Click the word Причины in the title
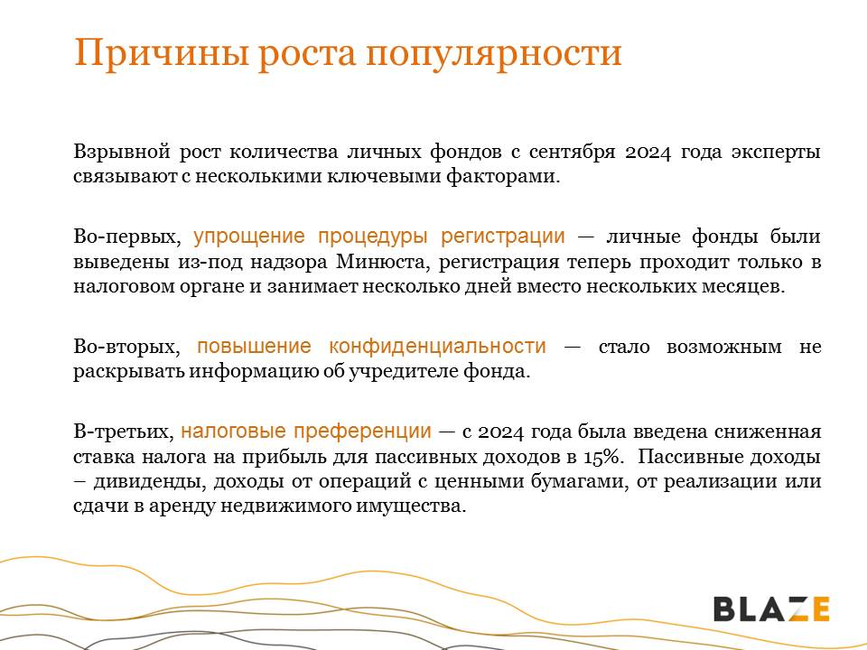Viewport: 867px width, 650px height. point(161,53)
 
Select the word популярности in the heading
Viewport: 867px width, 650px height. point(493,53)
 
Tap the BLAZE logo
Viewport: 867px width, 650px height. point(771,608)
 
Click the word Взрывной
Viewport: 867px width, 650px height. point(121,152)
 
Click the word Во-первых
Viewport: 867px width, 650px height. point(127,237)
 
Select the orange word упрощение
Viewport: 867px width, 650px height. point(249,236)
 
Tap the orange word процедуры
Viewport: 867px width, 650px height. point(372,236)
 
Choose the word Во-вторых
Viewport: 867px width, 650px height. point(126,347)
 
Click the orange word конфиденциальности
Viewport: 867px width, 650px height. point(437,347)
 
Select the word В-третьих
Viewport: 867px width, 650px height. point(124,432)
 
